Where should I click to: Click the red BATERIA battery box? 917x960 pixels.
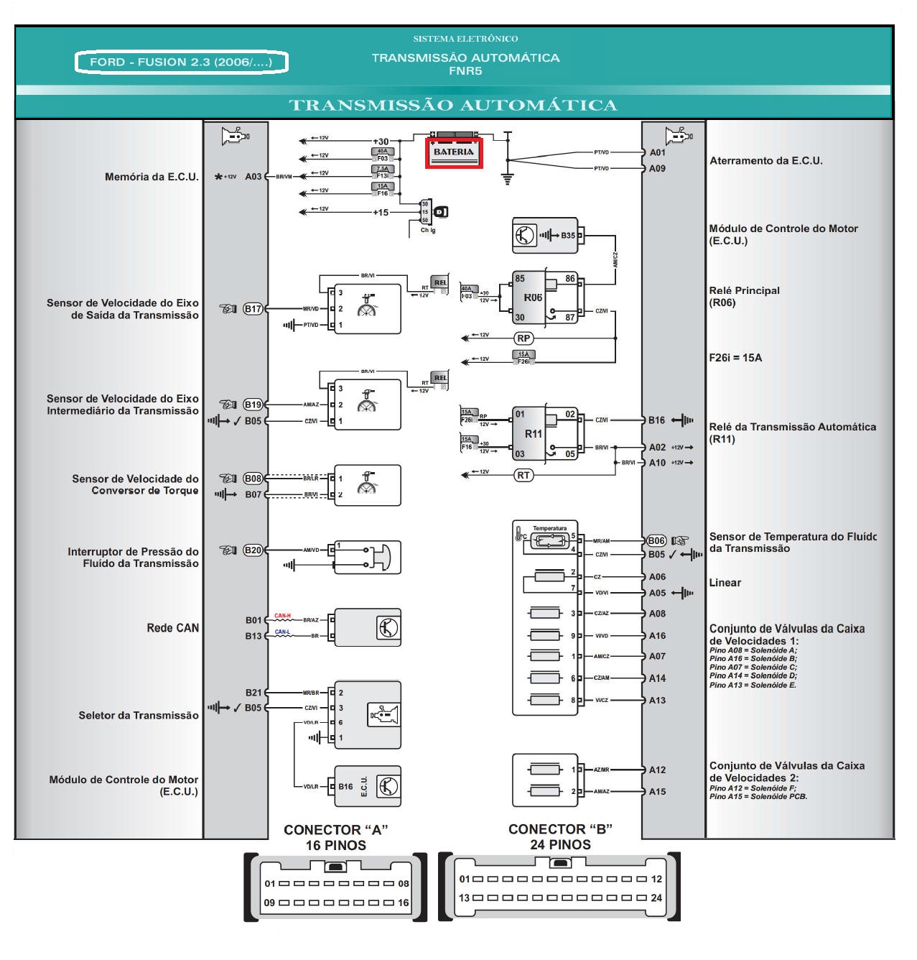point(454,153)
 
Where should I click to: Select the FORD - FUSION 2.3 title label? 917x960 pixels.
point(181,63)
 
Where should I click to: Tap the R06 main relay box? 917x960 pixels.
point(533,297)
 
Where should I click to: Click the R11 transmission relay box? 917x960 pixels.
point(533,433)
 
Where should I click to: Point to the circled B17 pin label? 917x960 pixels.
point(253,309)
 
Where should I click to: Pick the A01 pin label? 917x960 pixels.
point(657,152)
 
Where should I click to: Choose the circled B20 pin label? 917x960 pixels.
point(253,550)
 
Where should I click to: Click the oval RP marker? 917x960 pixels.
point(524,338)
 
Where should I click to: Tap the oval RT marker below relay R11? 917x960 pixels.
point(524,475)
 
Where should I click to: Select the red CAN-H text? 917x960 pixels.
point(282,616)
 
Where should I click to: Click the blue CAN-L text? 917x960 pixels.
point(282,632)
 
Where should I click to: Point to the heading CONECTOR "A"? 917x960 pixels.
point(336,830)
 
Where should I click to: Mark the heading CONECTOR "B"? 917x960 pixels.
point(560,829)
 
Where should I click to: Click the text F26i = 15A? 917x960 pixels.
point(735,358)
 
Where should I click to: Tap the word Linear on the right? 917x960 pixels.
point(725,583)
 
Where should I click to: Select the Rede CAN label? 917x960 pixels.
point(172,628)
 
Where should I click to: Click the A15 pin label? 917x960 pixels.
point(657,792)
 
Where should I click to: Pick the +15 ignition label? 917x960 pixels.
point(381,213)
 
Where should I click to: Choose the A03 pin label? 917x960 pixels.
point(253,177)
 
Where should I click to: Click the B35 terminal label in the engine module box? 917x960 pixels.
point(568,235)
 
